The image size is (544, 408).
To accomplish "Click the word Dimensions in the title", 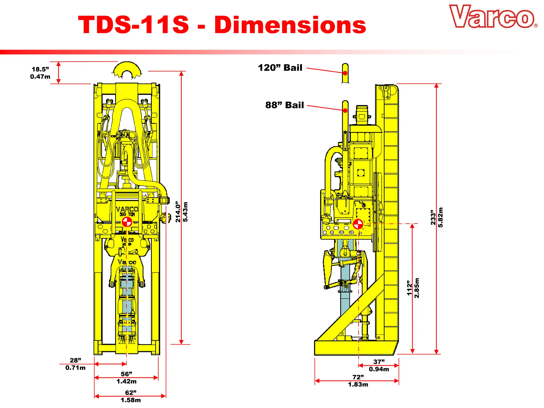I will pyautogui.click(x=290, y=25).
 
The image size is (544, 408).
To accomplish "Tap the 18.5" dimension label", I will pyautogui.click(x=40, y=69).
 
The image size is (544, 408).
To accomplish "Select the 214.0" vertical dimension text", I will pyautogui.click(x=178, y=212).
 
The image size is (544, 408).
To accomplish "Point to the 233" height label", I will pyautogui.click(x=433, y=217).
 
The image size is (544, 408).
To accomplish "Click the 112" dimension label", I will pyautogui.click(x=410, y=288).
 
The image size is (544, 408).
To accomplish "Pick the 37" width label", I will pyautogui.click(x=379, y=362).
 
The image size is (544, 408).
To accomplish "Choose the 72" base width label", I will pyautogui.click(x=358, y=377).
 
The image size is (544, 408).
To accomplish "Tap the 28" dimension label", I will pyautogui.click(x=75, y=360).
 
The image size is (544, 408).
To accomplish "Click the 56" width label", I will pyautogui.click(x=126, y=374).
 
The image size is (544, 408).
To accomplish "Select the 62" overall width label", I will pyautogui.click(x=131, y=393).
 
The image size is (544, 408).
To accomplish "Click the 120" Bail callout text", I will pyautogui.click(x=280, y=68).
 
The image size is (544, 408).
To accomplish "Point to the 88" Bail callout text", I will pyautogui.click(x=284, y=105).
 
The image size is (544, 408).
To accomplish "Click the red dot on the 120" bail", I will pyautogui.click(x=345, y=73).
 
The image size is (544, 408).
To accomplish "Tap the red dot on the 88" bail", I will pyautogui.click(x=345, y=110).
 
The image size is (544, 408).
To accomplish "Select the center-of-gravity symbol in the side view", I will pyautogui.click(x=358, y=224).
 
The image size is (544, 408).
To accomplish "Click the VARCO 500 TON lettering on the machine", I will pyautogui.click(x=127, y=211).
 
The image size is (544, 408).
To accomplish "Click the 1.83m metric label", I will pyautogui.click(x=358, y=384).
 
